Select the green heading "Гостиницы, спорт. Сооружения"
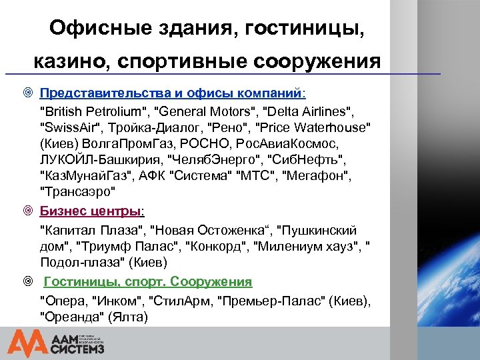coord(148,281)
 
